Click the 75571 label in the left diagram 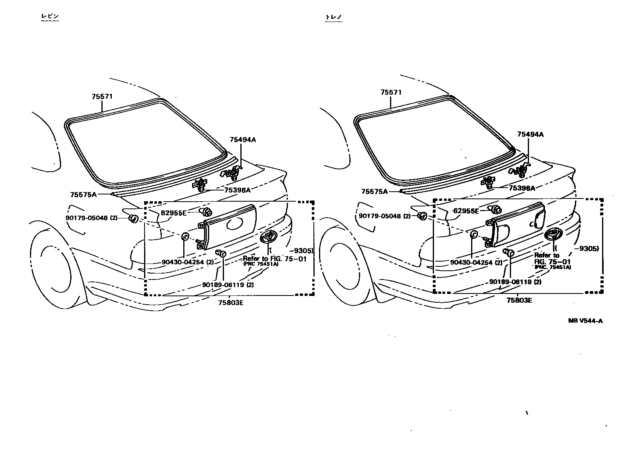pyautogui.click(x=102, y=97)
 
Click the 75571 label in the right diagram pyautogui.click(x=391, y=93)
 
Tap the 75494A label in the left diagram pyautogui.click(x=242, y=140)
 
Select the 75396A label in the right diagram pyautogui.click(x=521, y=188)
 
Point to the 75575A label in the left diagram pyautogui.click(x=83, y=194)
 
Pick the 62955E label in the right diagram pyautogui.click(x=466, y=211)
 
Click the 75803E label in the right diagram pyautogui.click(x=519, y=300)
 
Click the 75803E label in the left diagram pyautogui.click(x=230, y=302)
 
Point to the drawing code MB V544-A pyautogui.click(x=585, y=321)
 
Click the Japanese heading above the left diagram pyautogui.click(x=50, y=16)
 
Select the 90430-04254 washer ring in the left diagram pyautogui.click(x=185, y=236)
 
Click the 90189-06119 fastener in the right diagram pyautogui.click(x=509, y=252)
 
